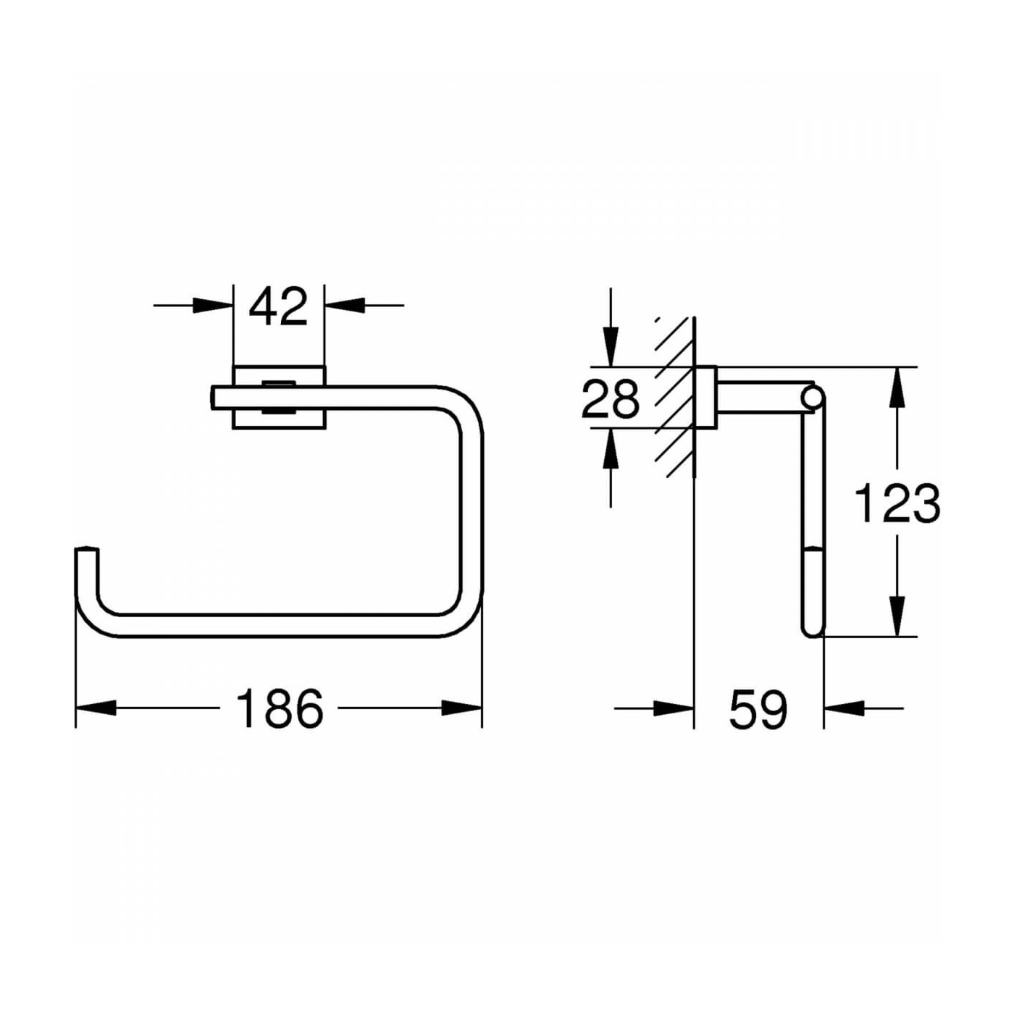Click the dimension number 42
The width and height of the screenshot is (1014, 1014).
[278, 307]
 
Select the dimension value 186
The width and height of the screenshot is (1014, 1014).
[280, 708]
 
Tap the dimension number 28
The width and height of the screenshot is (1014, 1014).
[611, 399]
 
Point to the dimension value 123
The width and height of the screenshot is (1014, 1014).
[898, 503]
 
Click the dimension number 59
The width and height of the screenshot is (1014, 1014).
[758, 708]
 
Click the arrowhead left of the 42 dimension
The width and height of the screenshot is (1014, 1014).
[213, 305]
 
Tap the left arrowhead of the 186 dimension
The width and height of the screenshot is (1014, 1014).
[96, 708]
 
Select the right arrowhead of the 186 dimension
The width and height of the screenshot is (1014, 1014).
[461, 708]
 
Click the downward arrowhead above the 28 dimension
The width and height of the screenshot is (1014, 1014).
[611, 346]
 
